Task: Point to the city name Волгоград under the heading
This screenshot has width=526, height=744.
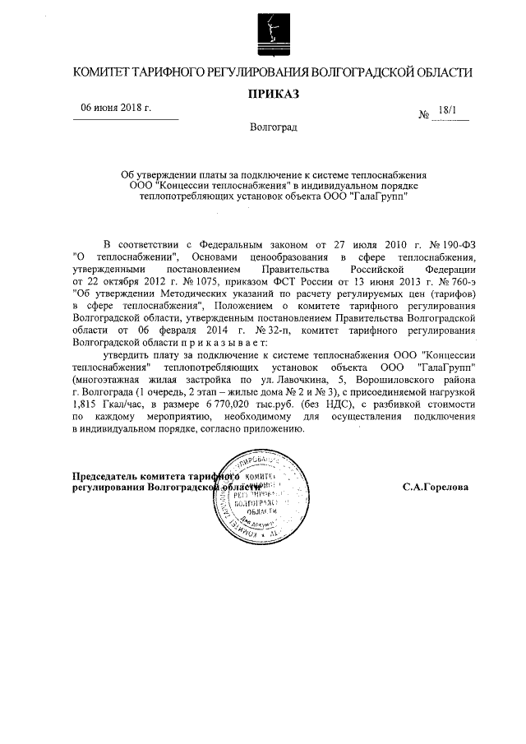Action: pos(274,128)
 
